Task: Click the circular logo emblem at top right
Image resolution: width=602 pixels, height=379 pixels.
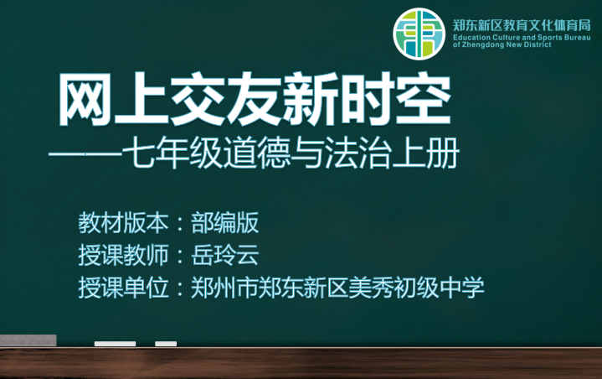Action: tap(419, 34)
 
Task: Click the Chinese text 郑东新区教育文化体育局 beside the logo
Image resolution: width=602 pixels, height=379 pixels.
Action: tap(522, 26)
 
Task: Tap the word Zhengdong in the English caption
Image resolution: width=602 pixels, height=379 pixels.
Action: tap(482, 44)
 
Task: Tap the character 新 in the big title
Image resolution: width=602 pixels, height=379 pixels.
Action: tap(311, 100)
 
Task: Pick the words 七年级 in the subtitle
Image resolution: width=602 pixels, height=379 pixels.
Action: tap(172, 153)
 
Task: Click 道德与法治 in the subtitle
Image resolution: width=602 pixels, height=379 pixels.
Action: tap(306, 153)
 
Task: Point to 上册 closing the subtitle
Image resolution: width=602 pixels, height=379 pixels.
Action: tap(425, 153)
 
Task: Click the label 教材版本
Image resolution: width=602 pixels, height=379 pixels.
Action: tap(123, 223)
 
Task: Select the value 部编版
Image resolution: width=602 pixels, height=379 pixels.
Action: tap(225, 223)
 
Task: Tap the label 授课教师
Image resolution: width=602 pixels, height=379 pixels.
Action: tap(123, 255)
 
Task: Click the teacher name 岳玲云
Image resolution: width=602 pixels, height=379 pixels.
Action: tap(225, 255)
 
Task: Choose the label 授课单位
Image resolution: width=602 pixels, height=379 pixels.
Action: tap(123, 287)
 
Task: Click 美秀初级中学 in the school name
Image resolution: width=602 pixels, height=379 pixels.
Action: tap(417, 287)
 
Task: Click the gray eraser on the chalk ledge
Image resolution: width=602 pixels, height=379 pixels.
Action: tap(28, 340)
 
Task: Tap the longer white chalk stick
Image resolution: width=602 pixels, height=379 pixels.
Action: tap(116, 344)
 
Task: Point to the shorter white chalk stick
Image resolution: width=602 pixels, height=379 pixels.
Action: tap(166, 344)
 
